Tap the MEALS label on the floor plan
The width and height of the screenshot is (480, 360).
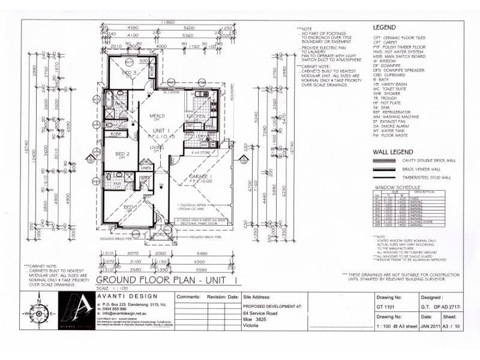tap(157, 116)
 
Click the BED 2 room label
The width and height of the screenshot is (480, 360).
tap(122, 154)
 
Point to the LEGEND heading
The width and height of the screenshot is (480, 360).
tap(385, 28)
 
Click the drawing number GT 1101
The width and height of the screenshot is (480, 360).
tap(385, 307)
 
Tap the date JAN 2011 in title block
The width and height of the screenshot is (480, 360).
tap(430, 327)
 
